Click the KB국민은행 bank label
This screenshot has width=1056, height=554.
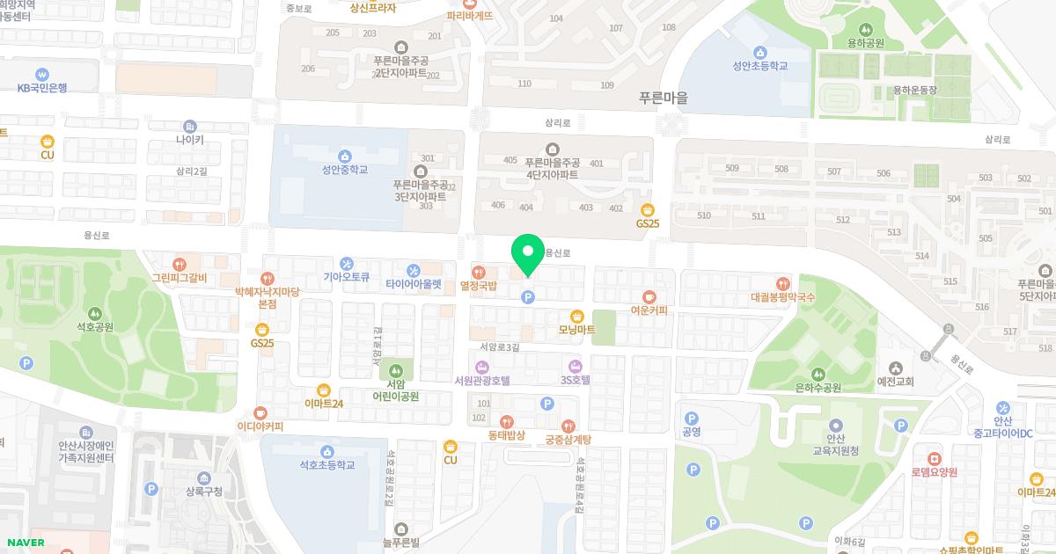coord(41,88)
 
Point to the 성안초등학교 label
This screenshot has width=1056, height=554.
coord(759,65)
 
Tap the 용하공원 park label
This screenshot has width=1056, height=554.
coord(866,43)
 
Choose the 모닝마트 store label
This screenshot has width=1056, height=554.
coord(577,329)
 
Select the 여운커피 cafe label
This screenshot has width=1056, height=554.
coord(649,310)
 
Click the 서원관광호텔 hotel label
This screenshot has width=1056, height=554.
coord(481,380)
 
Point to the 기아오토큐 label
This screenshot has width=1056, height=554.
coord(346,276)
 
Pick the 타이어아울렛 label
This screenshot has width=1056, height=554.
coord(413,283)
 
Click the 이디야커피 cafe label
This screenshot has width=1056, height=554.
coord(260,426)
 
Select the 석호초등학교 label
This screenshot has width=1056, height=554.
coord(326,464)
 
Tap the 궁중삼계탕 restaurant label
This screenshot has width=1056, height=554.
coord(568,439)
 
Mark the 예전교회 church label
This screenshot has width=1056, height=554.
coord(896,382)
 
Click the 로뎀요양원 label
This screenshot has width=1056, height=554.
coord(934,471)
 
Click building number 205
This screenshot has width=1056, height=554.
coord(332,33)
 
